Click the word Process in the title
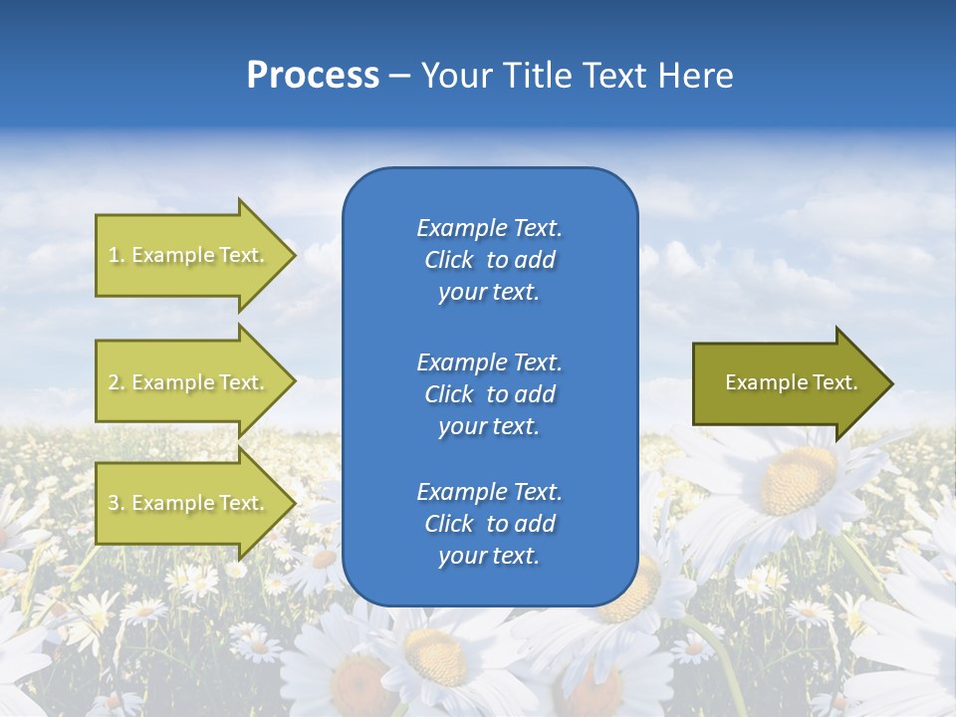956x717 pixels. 313,76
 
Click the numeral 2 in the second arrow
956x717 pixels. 114,382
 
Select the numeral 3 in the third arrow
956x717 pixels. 114,503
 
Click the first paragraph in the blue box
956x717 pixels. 489,260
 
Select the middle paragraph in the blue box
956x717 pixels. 489,394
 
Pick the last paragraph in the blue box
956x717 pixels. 489,524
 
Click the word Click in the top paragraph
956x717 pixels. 448,260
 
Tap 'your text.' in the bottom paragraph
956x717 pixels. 489,556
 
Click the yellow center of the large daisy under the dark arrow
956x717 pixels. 798,479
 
